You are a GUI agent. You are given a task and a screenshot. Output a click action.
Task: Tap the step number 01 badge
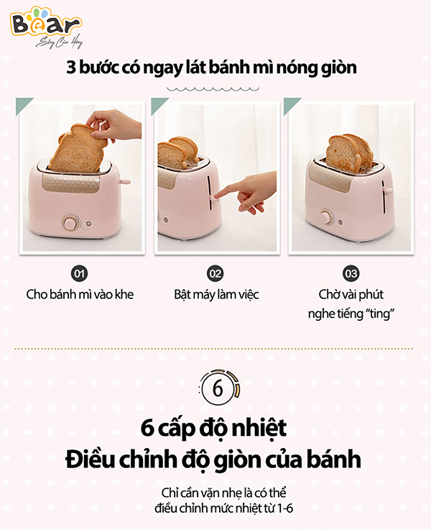79,273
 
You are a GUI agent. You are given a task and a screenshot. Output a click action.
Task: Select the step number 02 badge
215,273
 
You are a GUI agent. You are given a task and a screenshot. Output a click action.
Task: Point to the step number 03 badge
351,273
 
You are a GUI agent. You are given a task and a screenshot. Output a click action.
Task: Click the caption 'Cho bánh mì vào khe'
80,294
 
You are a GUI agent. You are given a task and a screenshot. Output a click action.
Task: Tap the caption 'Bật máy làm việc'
216,295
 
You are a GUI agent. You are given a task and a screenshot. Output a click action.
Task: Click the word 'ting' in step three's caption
379,314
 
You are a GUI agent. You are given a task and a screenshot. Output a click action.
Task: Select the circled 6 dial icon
218,388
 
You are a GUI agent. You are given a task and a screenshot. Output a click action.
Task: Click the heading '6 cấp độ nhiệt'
213,428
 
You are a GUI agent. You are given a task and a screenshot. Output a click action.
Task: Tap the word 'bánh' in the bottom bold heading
333,460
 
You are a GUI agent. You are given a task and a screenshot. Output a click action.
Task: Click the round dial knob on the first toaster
70,224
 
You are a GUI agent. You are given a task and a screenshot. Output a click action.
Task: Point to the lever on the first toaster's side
124,182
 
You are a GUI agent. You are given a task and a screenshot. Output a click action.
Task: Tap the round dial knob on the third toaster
326,216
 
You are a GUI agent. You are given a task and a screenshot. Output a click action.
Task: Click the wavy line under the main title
213,89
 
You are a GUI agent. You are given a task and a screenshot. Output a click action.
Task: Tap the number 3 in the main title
71,68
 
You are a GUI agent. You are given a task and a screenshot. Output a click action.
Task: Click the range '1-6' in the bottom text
285,508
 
